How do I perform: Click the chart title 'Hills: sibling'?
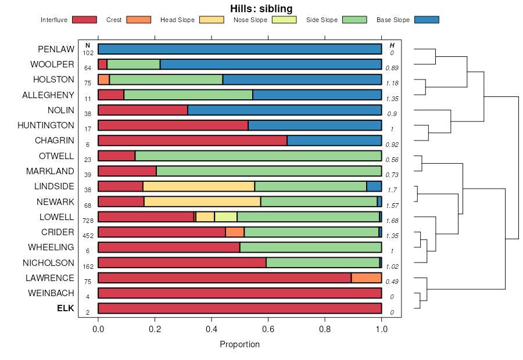coord(261,8)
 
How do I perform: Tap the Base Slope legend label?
coord(393,20)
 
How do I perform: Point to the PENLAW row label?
coord(56,49)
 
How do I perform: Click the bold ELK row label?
coord(65,308)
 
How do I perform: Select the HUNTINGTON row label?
coord(46,125)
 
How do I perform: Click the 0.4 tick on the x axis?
coord(212,329)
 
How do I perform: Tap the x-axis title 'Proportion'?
coord(239,344)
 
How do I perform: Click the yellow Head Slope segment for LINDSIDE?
coord(199,186)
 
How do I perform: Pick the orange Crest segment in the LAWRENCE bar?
coord(366,278)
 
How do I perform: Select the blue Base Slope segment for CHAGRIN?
coord(334,141)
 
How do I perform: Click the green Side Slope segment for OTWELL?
coord(258,156)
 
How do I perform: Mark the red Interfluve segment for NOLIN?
coord(142,110)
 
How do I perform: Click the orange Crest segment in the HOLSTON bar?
coord(103,80)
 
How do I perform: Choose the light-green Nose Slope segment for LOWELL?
coord(225,217)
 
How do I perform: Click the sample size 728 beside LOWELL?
coord(88,221)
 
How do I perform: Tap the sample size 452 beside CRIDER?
coord(88,236)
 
